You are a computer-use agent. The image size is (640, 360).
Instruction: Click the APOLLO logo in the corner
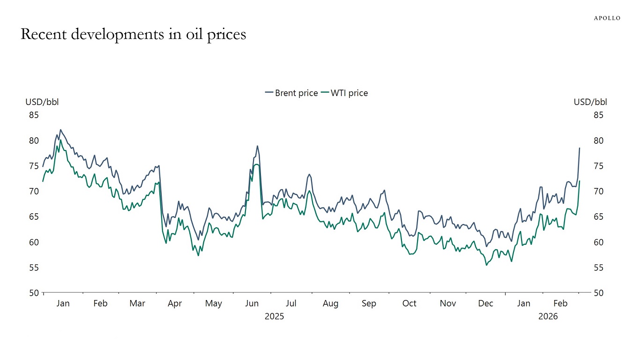tap(607, 18)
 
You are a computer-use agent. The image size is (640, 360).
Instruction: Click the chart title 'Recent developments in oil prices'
tap(134, 35)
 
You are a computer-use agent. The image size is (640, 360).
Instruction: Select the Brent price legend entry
tap(291, 93)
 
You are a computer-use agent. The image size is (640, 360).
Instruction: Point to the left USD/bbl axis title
tap(42, 102)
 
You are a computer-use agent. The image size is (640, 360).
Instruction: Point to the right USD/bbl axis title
tap(590, 102)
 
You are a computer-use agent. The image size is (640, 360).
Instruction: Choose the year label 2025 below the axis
tap(274, 316)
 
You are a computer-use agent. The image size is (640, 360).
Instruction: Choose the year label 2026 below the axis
tap(548, 316)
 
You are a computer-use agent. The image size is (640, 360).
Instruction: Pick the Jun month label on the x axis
tap(252, 304)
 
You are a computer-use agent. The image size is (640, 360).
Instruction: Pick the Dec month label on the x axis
tap(486, 304)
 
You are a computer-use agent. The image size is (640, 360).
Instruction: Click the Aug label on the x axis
tap(330, 304)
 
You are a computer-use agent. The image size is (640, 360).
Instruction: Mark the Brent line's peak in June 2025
tap(257, 146)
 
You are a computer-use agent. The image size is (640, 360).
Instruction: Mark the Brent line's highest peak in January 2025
tap(60, 130)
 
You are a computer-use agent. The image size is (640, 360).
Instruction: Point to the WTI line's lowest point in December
tap(486, 265)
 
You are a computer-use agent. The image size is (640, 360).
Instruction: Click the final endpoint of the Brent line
tap(580, 148)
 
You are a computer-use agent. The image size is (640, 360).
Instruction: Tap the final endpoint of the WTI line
tap(580, 181)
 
